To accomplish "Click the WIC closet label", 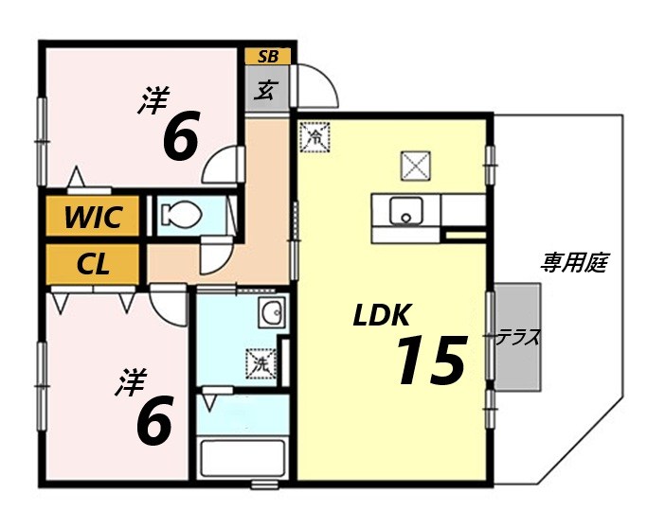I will tap(93, 217).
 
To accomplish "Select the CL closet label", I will tap(92, 264).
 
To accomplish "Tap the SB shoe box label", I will tap(268, 56).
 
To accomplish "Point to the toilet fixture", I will tap(181, 216).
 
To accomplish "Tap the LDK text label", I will tap(382, 316).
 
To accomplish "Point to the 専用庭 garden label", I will tap(573, 262).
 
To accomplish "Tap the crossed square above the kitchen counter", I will tap(414, 167).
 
